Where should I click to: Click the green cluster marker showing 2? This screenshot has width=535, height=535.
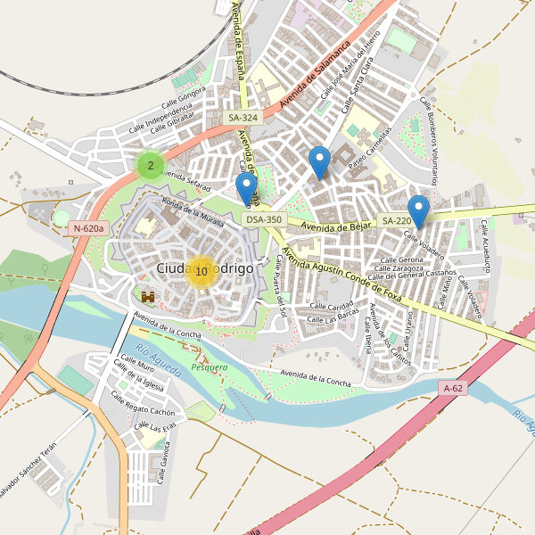[151, 165]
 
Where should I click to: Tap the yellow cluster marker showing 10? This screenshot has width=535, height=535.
[202, 271]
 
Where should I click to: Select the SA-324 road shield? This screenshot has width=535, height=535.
[243, 118]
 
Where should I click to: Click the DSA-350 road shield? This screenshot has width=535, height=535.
[264, 219]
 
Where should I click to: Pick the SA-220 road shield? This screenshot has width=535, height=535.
[396, 221]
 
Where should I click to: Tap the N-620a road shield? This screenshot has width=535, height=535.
[89, 228]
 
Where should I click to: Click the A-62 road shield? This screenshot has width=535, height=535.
[453, 388]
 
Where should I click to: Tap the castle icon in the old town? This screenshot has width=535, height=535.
[148, 296]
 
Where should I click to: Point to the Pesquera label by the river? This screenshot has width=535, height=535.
[210, 366]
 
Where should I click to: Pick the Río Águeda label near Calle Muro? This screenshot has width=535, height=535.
[159, 359]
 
